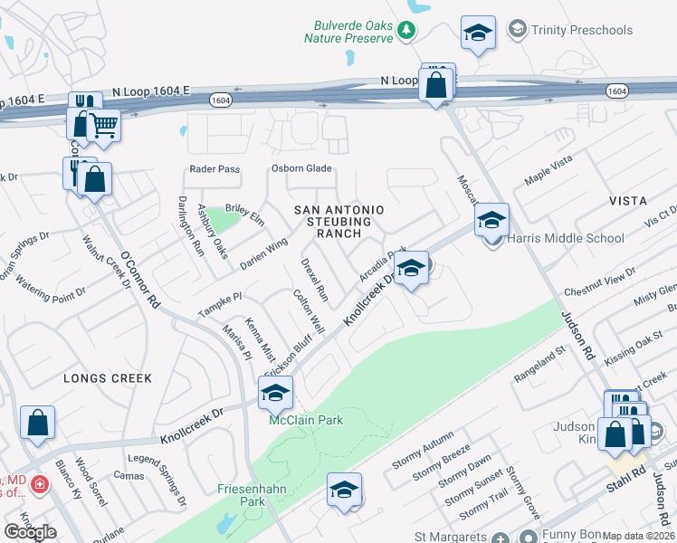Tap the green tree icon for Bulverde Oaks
[407, 31]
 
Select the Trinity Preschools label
[581, 30]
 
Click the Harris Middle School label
[567, 238]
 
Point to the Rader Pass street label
[215, 169]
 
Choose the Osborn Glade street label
[302, 168]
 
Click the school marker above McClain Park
[276, 392]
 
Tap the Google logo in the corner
[30, 532]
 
